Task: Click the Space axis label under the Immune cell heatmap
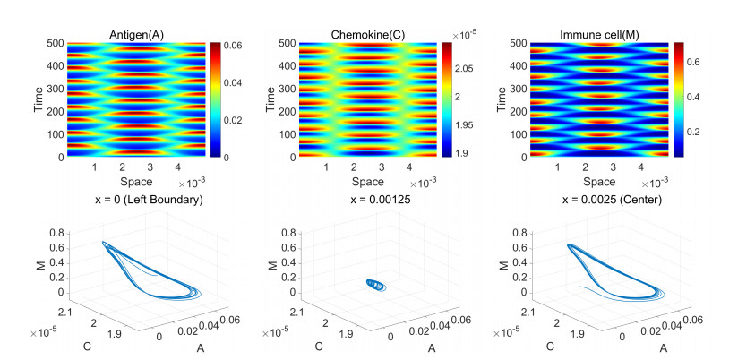click(x=597, y=182)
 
